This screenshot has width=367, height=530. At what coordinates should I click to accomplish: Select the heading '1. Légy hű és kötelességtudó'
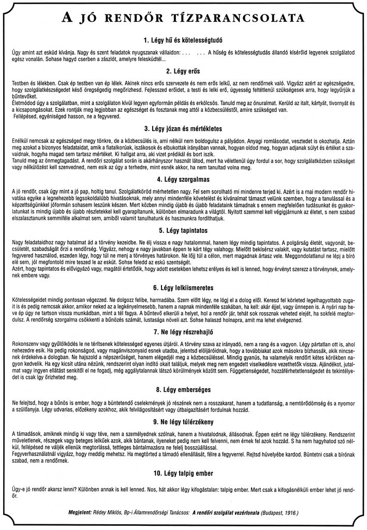pyautogui.click(x=184, y=40)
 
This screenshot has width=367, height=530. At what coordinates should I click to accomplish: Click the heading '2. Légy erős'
pyautogui.click(x=184, y=70)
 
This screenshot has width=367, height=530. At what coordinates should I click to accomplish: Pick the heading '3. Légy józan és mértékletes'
pyautogui.click(x=184, y=128)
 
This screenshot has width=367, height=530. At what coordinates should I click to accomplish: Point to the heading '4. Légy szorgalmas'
pyautogui.click(x=184, y=179)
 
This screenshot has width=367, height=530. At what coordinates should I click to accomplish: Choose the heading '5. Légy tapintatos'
pyautogui.click(x=184, y=229)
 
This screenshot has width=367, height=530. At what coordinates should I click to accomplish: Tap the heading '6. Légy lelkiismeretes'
pyautogui.click(x=184, y=287)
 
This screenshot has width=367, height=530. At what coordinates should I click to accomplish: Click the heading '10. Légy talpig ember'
pyautogui.click(x=184, y=473)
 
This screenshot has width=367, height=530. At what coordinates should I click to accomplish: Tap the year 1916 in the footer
pyautogui.click(x=288, y=512)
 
